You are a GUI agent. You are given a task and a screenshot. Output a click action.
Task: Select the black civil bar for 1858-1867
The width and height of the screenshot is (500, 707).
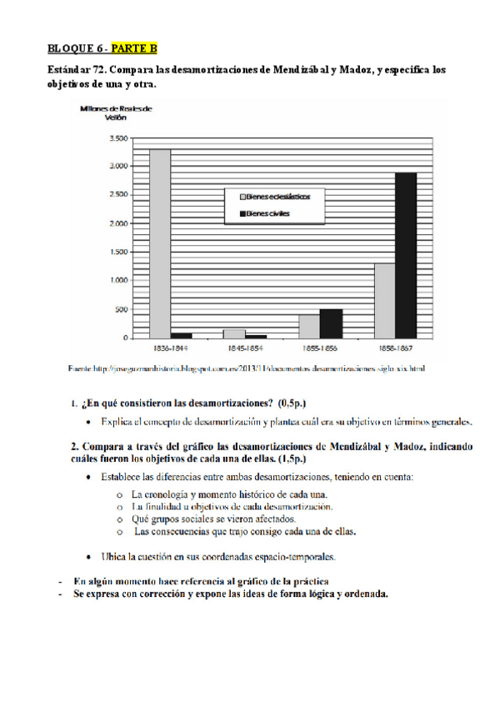406,255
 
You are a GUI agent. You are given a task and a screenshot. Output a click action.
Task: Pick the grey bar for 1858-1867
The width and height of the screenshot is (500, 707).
384,300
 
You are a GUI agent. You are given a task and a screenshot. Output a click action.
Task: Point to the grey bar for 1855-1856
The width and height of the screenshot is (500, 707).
309,326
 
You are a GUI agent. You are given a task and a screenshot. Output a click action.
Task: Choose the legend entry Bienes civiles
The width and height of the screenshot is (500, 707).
262,214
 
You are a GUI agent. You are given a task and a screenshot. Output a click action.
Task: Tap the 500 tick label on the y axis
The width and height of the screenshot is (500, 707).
122,310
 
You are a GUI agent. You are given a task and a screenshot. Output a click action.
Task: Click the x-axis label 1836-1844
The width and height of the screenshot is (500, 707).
171,348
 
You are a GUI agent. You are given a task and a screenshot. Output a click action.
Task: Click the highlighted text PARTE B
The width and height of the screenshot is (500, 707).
132,50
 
